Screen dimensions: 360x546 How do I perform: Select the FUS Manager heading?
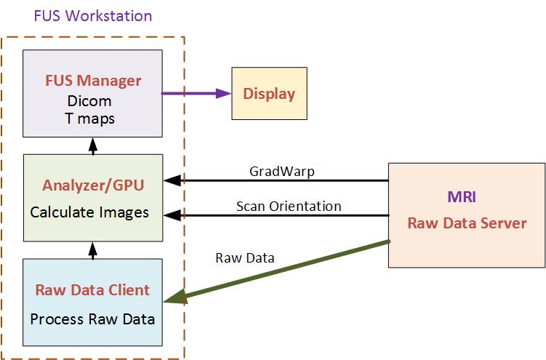[92, 79]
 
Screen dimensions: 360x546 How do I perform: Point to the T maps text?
[92, 118]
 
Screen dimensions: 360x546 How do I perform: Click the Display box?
[269, 93]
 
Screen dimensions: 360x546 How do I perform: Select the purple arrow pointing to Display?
[196, 93]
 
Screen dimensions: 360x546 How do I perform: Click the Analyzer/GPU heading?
[92, 185]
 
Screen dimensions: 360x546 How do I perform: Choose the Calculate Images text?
[89, 212]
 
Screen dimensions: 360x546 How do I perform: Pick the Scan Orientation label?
[289, 206]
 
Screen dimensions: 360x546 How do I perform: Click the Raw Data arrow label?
[245, 257]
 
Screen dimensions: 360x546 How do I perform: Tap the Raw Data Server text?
[467, 223]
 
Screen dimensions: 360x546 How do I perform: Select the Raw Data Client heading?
[92, 289]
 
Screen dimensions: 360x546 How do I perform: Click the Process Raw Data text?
[92, 318]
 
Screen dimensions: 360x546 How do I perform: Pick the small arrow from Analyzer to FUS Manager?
[92, 145]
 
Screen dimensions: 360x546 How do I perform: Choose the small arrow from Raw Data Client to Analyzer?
[92, 250]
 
